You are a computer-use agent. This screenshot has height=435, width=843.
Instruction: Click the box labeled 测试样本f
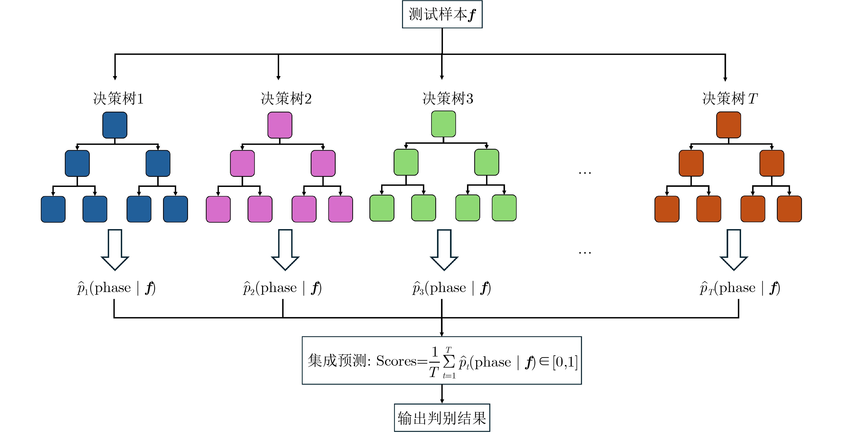pos(442,14)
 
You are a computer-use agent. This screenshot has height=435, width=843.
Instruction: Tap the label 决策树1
pos(118,99)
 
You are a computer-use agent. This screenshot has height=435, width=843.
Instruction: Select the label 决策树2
pos(286,99)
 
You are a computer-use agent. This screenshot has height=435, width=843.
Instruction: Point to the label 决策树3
pos(448,99)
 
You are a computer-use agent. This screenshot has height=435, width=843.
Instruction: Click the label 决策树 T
pos(730,99)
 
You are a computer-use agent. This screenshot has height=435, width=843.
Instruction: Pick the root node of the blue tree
pos(115,125)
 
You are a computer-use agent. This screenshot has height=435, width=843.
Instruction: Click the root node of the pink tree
pos(280,125)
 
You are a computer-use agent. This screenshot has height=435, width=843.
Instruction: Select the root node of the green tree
pos(443,124)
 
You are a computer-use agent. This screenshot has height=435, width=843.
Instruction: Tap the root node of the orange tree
pos(728,125)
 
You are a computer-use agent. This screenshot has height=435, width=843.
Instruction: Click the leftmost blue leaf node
pos(53,209)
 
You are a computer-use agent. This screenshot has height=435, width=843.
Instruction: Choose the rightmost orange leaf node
pos(789,209)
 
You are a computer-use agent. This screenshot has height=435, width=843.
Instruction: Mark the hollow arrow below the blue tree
pos(115,250)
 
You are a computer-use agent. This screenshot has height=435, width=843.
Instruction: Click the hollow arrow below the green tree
pos(444,250)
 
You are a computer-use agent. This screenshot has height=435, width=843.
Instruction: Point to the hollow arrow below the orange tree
pos(734,250)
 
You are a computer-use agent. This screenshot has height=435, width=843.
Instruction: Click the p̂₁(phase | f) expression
pos(116,288)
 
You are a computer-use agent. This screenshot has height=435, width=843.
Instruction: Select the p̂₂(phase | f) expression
pos(282,288)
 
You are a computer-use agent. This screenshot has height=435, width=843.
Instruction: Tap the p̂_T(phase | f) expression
pos(740,288)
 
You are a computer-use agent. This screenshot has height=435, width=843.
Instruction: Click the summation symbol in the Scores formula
pos(449,361)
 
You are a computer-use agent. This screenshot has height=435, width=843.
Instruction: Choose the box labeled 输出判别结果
pos(442,418)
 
